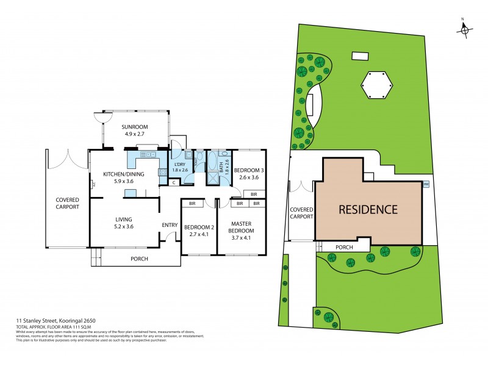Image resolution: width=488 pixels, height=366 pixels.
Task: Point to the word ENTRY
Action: click(x=169, y=225)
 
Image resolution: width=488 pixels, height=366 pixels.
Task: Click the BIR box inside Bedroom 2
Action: click(x=192, y=203)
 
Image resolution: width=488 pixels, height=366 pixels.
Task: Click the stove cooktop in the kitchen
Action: click(x=162, y=173)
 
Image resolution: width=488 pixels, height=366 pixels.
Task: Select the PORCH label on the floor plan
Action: click(x=139, y=259)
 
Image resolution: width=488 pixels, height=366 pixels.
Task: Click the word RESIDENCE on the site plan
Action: click(x=368, y=209)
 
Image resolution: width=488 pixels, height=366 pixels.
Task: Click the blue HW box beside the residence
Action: click(x=426, y=184)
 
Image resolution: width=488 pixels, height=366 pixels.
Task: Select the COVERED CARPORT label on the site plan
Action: click(x=301, y=212)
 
